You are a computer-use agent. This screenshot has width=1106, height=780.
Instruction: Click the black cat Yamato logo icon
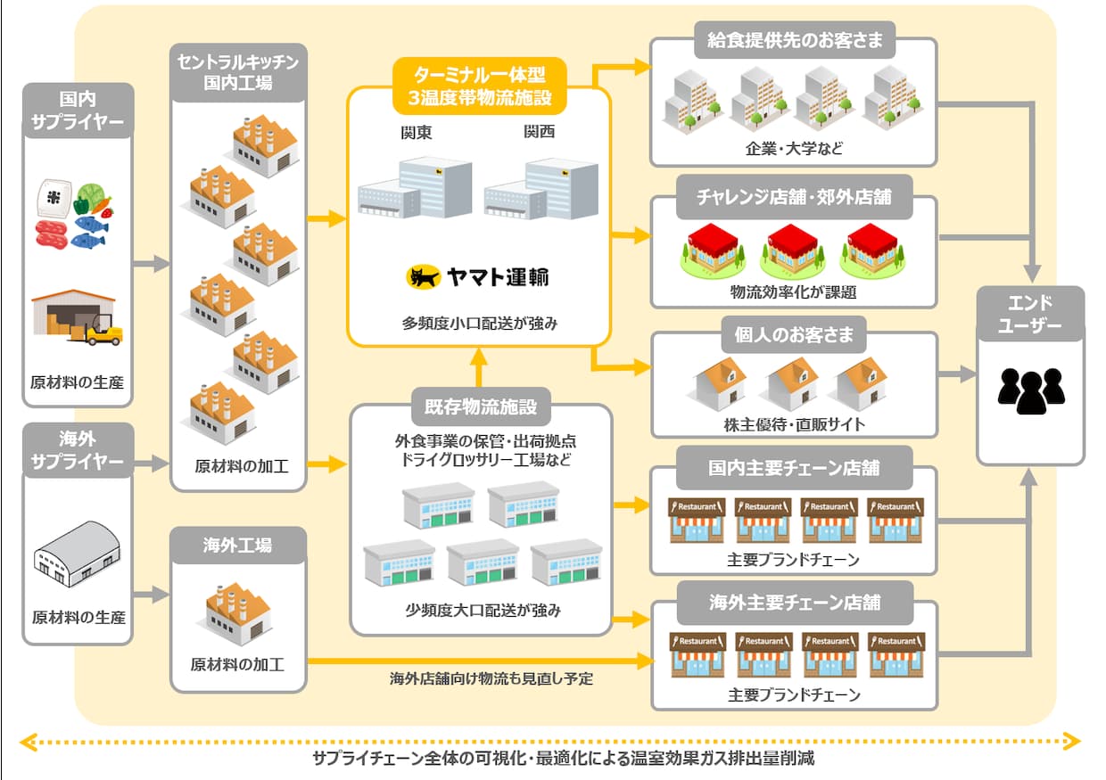425,277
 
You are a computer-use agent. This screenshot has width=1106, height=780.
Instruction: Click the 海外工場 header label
238,545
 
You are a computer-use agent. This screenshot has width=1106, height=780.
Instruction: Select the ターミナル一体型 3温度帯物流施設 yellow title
479,86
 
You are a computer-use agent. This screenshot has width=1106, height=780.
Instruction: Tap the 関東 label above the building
417,134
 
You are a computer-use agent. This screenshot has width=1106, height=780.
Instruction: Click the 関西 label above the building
541,134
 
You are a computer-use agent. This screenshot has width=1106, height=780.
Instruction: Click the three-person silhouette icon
1031,389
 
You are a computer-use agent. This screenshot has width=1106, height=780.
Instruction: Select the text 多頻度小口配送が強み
479,323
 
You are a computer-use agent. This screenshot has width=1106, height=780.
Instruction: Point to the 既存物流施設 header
482,407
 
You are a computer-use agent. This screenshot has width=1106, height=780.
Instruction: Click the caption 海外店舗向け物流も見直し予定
491,678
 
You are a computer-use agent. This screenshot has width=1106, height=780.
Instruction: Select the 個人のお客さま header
794,335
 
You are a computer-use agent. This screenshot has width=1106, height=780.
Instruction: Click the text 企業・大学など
794,148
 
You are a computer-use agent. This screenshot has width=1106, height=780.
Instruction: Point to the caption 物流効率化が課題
794,291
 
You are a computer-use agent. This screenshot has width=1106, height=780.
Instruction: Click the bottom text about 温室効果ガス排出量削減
550,759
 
